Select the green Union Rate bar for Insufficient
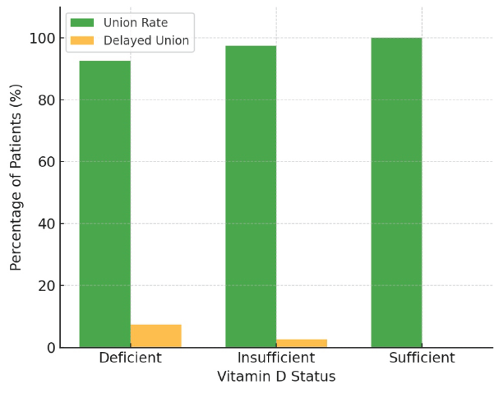pos(251,196)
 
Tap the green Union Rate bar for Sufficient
pos(396,192)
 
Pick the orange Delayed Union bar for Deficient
pos(155,335)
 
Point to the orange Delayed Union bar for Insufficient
pos(302,343)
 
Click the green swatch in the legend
pos(82,23)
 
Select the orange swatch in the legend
pos(82,40)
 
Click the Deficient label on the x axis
pos(130,358)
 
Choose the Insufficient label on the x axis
pos(276,358)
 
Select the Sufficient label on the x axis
pos(422,358)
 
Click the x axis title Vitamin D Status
pos(276,377)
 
